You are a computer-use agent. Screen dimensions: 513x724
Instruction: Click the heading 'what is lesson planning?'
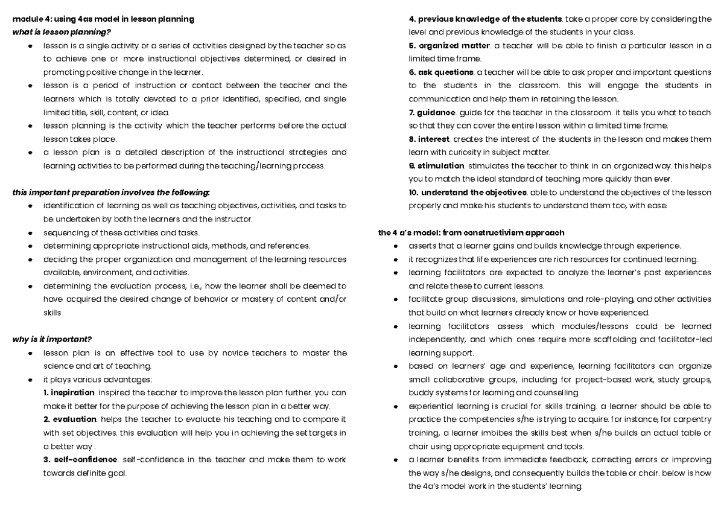pyautogui.click(x=62, y=32)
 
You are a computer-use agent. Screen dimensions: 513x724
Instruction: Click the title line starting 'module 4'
pyautogui.click(x=103, y=19)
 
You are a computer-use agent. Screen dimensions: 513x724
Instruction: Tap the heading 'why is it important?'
pyautogui.click(x=52, y=339)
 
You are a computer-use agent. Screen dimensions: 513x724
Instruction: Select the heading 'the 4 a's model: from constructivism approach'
pyautogui.click(x=471, y=232)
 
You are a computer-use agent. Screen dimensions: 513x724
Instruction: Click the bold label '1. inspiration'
pyautogui.click(x=69, y=392)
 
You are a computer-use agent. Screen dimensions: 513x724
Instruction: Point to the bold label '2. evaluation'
pyautogui.click(x=70, y=419)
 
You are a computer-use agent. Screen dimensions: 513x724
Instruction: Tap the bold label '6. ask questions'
pyautogui.click(x=441, y=72)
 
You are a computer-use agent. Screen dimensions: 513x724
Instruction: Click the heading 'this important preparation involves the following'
pyautogui.click(x=111, y=193)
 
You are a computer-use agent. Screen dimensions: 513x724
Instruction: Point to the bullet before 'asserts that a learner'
pyautogui.click(x=395, y=246)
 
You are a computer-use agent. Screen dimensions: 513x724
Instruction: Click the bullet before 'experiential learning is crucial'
pyautogui.click(x=395, y=406)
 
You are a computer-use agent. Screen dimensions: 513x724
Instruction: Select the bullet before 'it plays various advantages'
pyautogui.click(x=29, y=380)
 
